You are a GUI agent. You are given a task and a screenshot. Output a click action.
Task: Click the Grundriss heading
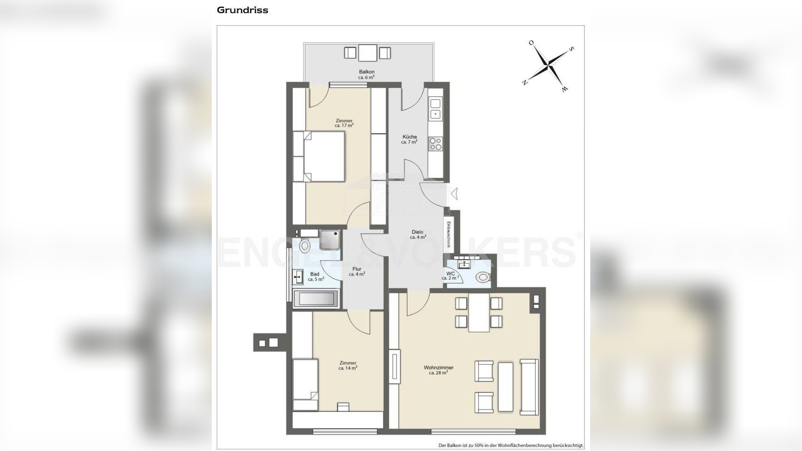(242, 10)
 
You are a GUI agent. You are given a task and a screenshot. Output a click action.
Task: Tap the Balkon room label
(366, 72)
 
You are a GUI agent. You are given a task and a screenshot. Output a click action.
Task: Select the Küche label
(409, 137)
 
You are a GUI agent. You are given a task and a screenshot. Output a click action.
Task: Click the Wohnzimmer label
(439, 367)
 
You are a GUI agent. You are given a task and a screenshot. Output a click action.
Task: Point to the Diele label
(417, 232)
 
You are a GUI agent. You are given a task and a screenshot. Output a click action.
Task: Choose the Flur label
(357, 269)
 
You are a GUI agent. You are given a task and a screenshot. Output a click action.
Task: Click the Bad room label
(315, 274)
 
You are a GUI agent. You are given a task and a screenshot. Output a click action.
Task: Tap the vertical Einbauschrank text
(448, 235)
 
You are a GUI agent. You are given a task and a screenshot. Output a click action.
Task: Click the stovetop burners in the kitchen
(435, 144)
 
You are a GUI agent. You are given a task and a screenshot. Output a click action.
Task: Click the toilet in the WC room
(484, 276)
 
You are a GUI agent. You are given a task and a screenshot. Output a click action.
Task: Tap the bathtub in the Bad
(315, 299)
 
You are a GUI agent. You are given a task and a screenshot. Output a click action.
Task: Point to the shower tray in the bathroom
(330, 239)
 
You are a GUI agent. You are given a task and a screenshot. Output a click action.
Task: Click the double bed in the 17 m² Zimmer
(319, 157)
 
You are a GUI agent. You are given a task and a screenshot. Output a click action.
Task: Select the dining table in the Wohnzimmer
(479, 312)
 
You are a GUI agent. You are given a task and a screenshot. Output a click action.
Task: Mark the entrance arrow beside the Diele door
(455, 193)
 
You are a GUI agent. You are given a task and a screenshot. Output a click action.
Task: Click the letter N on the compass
(524, 82)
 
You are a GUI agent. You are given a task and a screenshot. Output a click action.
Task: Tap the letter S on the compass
(571, 49)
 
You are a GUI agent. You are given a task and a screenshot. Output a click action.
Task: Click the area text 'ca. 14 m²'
(348, 368)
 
